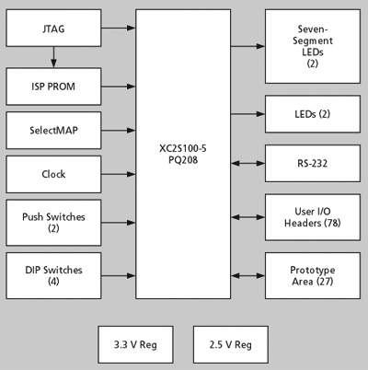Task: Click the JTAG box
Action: tap(53, 28)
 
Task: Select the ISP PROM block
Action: tap(53, 87)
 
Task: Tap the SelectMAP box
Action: tap(53, 131)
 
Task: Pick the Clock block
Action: tap(53, 174)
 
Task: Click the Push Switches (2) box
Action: tap(53, 223)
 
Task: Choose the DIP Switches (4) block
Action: tap(53, 275)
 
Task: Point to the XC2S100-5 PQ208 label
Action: tap(183, 154)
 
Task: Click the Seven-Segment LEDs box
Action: tap(313, 46)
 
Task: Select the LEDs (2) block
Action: tap(313, 114)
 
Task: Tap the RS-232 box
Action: tap(313, 164)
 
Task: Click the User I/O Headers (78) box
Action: tap(313, 217)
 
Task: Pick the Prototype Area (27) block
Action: tap(313, 275)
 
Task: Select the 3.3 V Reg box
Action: tap(135, 344)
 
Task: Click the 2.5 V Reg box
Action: tap(231, 344)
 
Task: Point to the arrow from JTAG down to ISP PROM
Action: tap(53, 57)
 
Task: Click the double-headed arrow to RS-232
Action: tap(247, 164)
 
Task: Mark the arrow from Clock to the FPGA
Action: tap(119, 174)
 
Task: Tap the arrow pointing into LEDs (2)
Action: tap(247, 114)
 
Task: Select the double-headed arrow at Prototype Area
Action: tap(247, 275)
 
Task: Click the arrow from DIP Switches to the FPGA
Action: tap(119, 275)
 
